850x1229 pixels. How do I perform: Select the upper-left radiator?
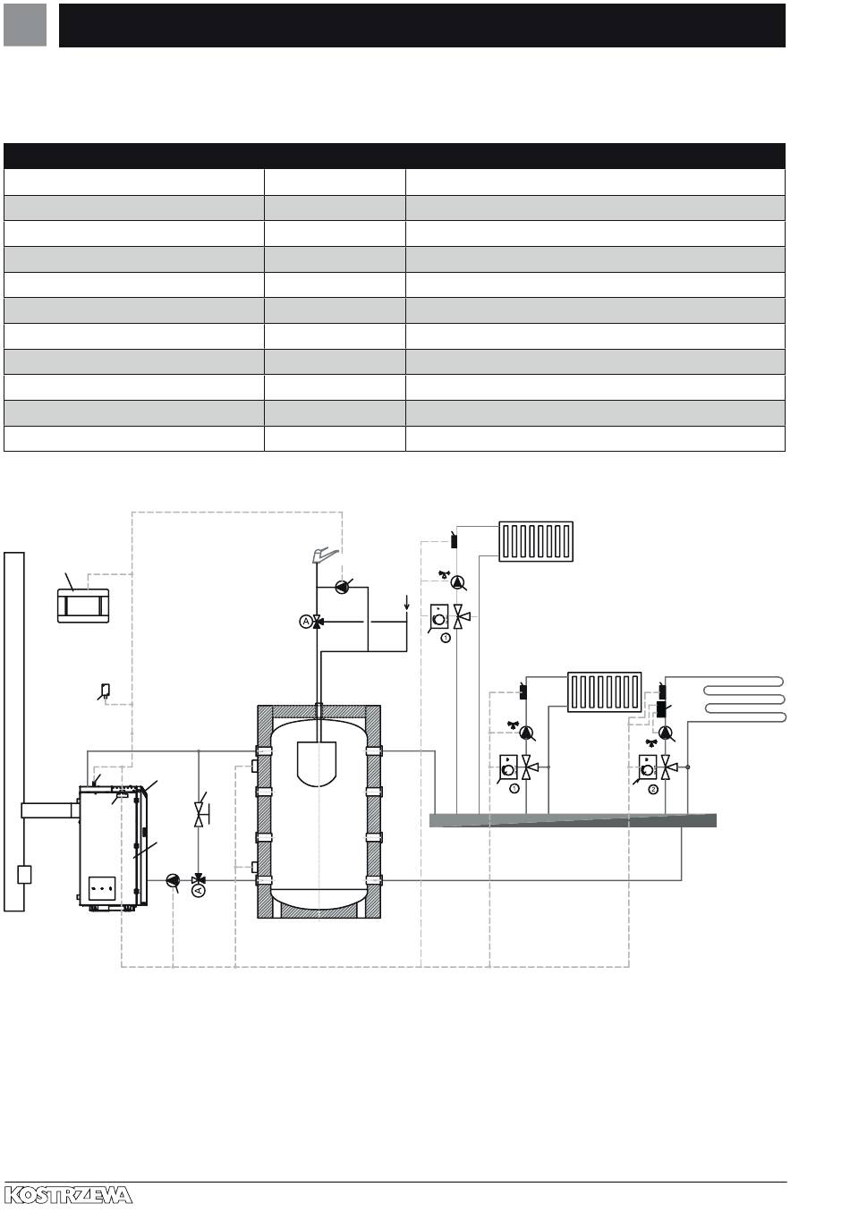tap(536, 541)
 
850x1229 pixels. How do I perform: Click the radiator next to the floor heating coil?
tap(604, 691)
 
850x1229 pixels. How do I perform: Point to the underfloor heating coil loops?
tap(744, 699)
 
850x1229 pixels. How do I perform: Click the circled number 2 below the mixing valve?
tap(653, 790)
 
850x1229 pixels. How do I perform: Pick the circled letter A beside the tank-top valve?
tap(306, 622)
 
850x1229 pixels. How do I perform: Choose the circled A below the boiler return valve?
tap(199, 890)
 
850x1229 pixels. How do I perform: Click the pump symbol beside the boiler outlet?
tap(173, 880)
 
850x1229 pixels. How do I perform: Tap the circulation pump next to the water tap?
tap(343, 587)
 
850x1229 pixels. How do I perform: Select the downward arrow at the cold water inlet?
tap(406, 603)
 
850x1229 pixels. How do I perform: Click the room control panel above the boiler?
tap(83, 606)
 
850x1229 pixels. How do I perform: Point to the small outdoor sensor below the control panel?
tap(106, 690)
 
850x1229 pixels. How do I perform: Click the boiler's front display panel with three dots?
tap(102, 888)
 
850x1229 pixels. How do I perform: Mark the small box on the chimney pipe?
tap(24, 874)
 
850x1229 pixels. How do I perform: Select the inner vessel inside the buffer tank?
tap(316, 764)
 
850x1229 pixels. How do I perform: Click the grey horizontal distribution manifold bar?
tap(573, 820)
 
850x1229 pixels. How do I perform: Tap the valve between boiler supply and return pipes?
tap(199, 814)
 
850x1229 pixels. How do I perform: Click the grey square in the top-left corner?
tap(25, 25)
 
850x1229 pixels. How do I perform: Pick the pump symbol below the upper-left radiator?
tap(457, 582)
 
